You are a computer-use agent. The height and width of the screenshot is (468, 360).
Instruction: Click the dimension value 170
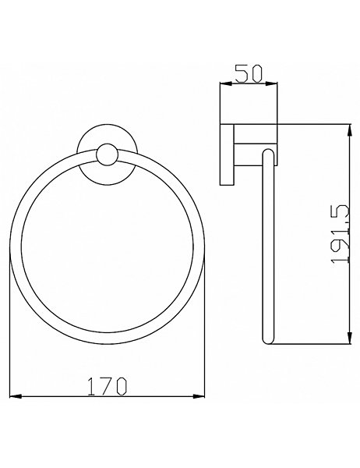[x=108, y=387]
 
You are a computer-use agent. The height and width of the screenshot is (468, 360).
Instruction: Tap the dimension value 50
[x=249, y=73]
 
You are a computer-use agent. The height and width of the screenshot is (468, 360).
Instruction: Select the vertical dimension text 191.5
[x=340, y=234]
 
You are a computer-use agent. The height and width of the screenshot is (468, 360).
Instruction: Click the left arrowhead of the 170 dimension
[x=16, y=396]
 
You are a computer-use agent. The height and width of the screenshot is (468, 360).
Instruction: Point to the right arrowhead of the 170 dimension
[x=199, y=396]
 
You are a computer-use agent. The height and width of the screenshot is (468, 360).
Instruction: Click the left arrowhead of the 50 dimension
[x=226, y=84]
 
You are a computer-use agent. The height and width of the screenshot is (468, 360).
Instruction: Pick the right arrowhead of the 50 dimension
[x=271, y=84]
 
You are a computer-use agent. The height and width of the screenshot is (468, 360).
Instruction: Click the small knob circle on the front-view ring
[x=108, y=155]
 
